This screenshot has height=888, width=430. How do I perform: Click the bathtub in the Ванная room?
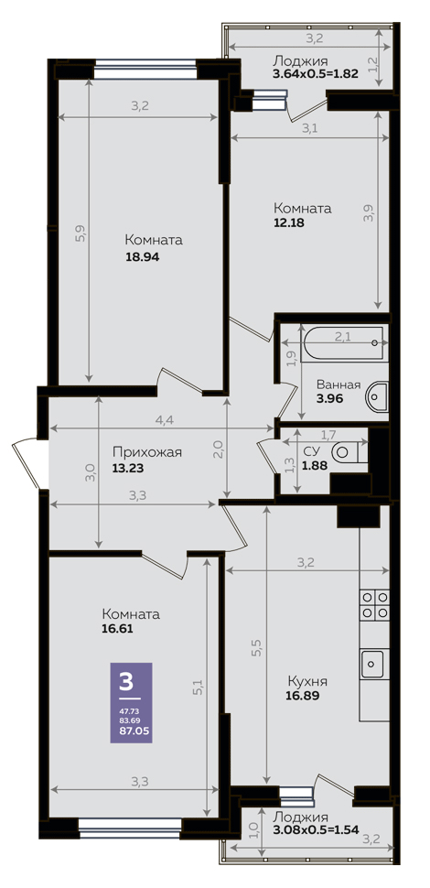tap(343, 343)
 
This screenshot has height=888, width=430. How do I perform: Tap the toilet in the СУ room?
tap(349, 452)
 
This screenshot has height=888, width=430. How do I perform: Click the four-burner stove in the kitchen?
tap(374, 603)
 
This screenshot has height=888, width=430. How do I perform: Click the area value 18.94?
tap(143, 257)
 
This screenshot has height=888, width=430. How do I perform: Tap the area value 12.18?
tap(288, 222)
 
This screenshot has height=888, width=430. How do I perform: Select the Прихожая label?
tap(146, 452)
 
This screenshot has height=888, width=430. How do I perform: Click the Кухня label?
tap(307, 681)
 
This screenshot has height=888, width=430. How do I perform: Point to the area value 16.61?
tap(118, 628)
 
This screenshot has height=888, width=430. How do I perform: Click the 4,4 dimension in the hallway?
tap(163, 420)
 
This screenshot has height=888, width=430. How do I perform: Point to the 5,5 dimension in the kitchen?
tap(256, 647)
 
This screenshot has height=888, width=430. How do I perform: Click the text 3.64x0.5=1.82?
tap(316, 73)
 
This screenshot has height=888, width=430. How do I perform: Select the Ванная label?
tap(339, 385)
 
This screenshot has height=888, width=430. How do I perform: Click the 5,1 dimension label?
tap(197, 688)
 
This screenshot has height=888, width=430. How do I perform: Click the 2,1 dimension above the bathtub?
tap(342, 337)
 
